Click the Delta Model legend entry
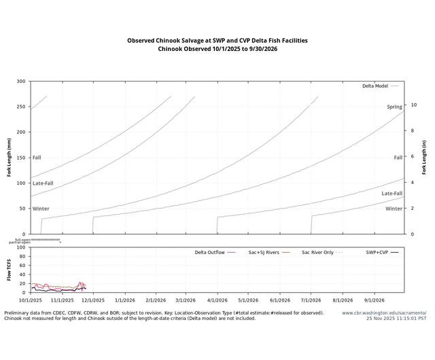(375, 86)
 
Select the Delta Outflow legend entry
(210, 252)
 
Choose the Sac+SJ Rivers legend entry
(264, 252)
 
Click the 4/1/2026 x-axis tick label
(217, 300)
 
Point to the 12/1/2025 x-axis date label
(93, 300)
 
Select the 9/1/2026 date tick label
(374, 300)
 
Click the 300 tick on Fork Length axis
(20, 82)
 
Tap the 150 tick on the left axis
(20, 158)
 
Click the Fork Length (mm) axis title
(10, 158)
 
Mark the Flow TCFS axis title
(10, 270)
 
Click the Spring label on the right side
(394, 107)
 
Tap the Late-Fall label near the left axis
(43, 183)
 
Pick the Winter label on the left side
(41, 209)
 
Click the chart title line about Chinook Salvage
(217, 41)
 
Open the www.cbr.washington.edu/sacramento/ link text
(384, 313)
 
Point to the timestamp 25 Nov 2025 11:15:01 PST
(395, 318)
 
